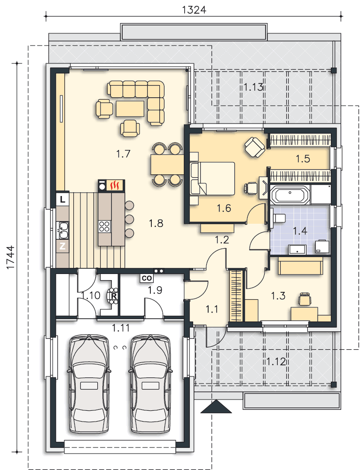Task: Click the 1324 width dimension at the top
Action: pyautogui.click(x=194, y=9)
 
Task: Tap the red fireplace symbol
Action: pyautogui.click(x=115, y=186)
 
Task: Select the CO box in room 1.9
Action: pyautogui.click(x=147, y=278)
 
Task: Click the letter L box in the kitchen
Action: pyautogui.click(x=63, y=199)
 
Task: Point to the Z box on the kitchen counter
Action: pyautogui.click(x=63, y=246)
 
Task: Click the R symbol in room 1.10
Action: pyautogui.click(x=114, y=296)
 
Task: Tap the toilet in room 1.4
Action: pyautogui.click(x=278, y=218)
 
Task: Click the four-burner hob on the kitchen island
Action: pyautogui.click(x=105, y=226)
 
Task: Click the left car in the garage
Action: pyautogui.click(x=89, y=384)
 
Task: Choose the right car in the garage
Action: pyautogui.click(x=150, y=384)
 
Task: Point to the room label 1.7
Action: pyautogui.click(x=123, y=154)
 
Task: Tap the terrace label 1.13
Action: pyautogui.click(x=253, y=87)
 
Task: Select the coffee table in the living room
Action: pyautogui.click(x=130, y=109)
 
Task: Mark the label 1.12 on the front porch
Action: pyautogui.click(x=276, y=361)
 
